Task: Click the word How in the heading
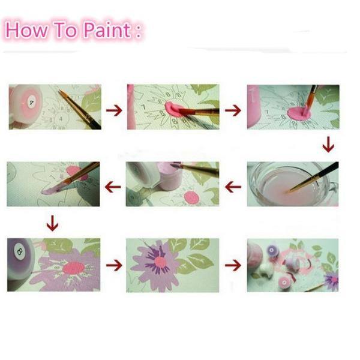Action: pyautogui.click(x=26, y=29)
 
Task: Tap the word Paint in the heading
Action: pyautogui.click(x=107, y=29)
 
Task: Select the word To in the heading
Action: pyautogui.click(x=65, y=29)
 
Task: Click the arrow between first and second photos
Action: pyautogui.click(x=114, y=110)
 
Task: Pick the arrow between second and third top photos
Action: pyautogui.click(x=233, y=110)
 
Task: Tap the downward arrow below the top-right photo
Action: pyautogui.click(x=328, y=145)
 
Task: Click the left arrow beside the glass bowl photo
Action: pyautogui.click(x=233, y=187)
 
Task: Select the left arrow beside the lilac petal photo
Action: pyautogui.click(x=113, y=187)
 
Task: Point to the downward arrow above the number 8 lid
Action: pyautogui.click(x=52, y=223)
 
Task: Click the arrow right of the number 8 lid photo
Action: pyautogui.click(x=114, y=265)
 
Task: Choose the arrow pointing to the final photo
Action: pyautogui.click(x=233, y=265)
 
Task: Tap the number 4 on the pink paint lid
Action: pyautogui.click(x=31, y=103)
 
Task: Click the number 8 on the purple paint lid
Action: pyautogui.click(x=20, y=251)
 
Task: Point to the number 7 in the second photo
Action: pyautogui.click(x=144, y=107)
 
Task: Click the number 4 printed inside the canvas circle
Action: pyautogui.click(x=61, y=119)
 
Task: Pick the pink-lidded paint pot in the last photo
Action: pyautogui.click(x=284, y=283)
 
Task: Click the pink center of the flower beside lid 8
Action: pyautogui.click(x=74, y=268)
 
